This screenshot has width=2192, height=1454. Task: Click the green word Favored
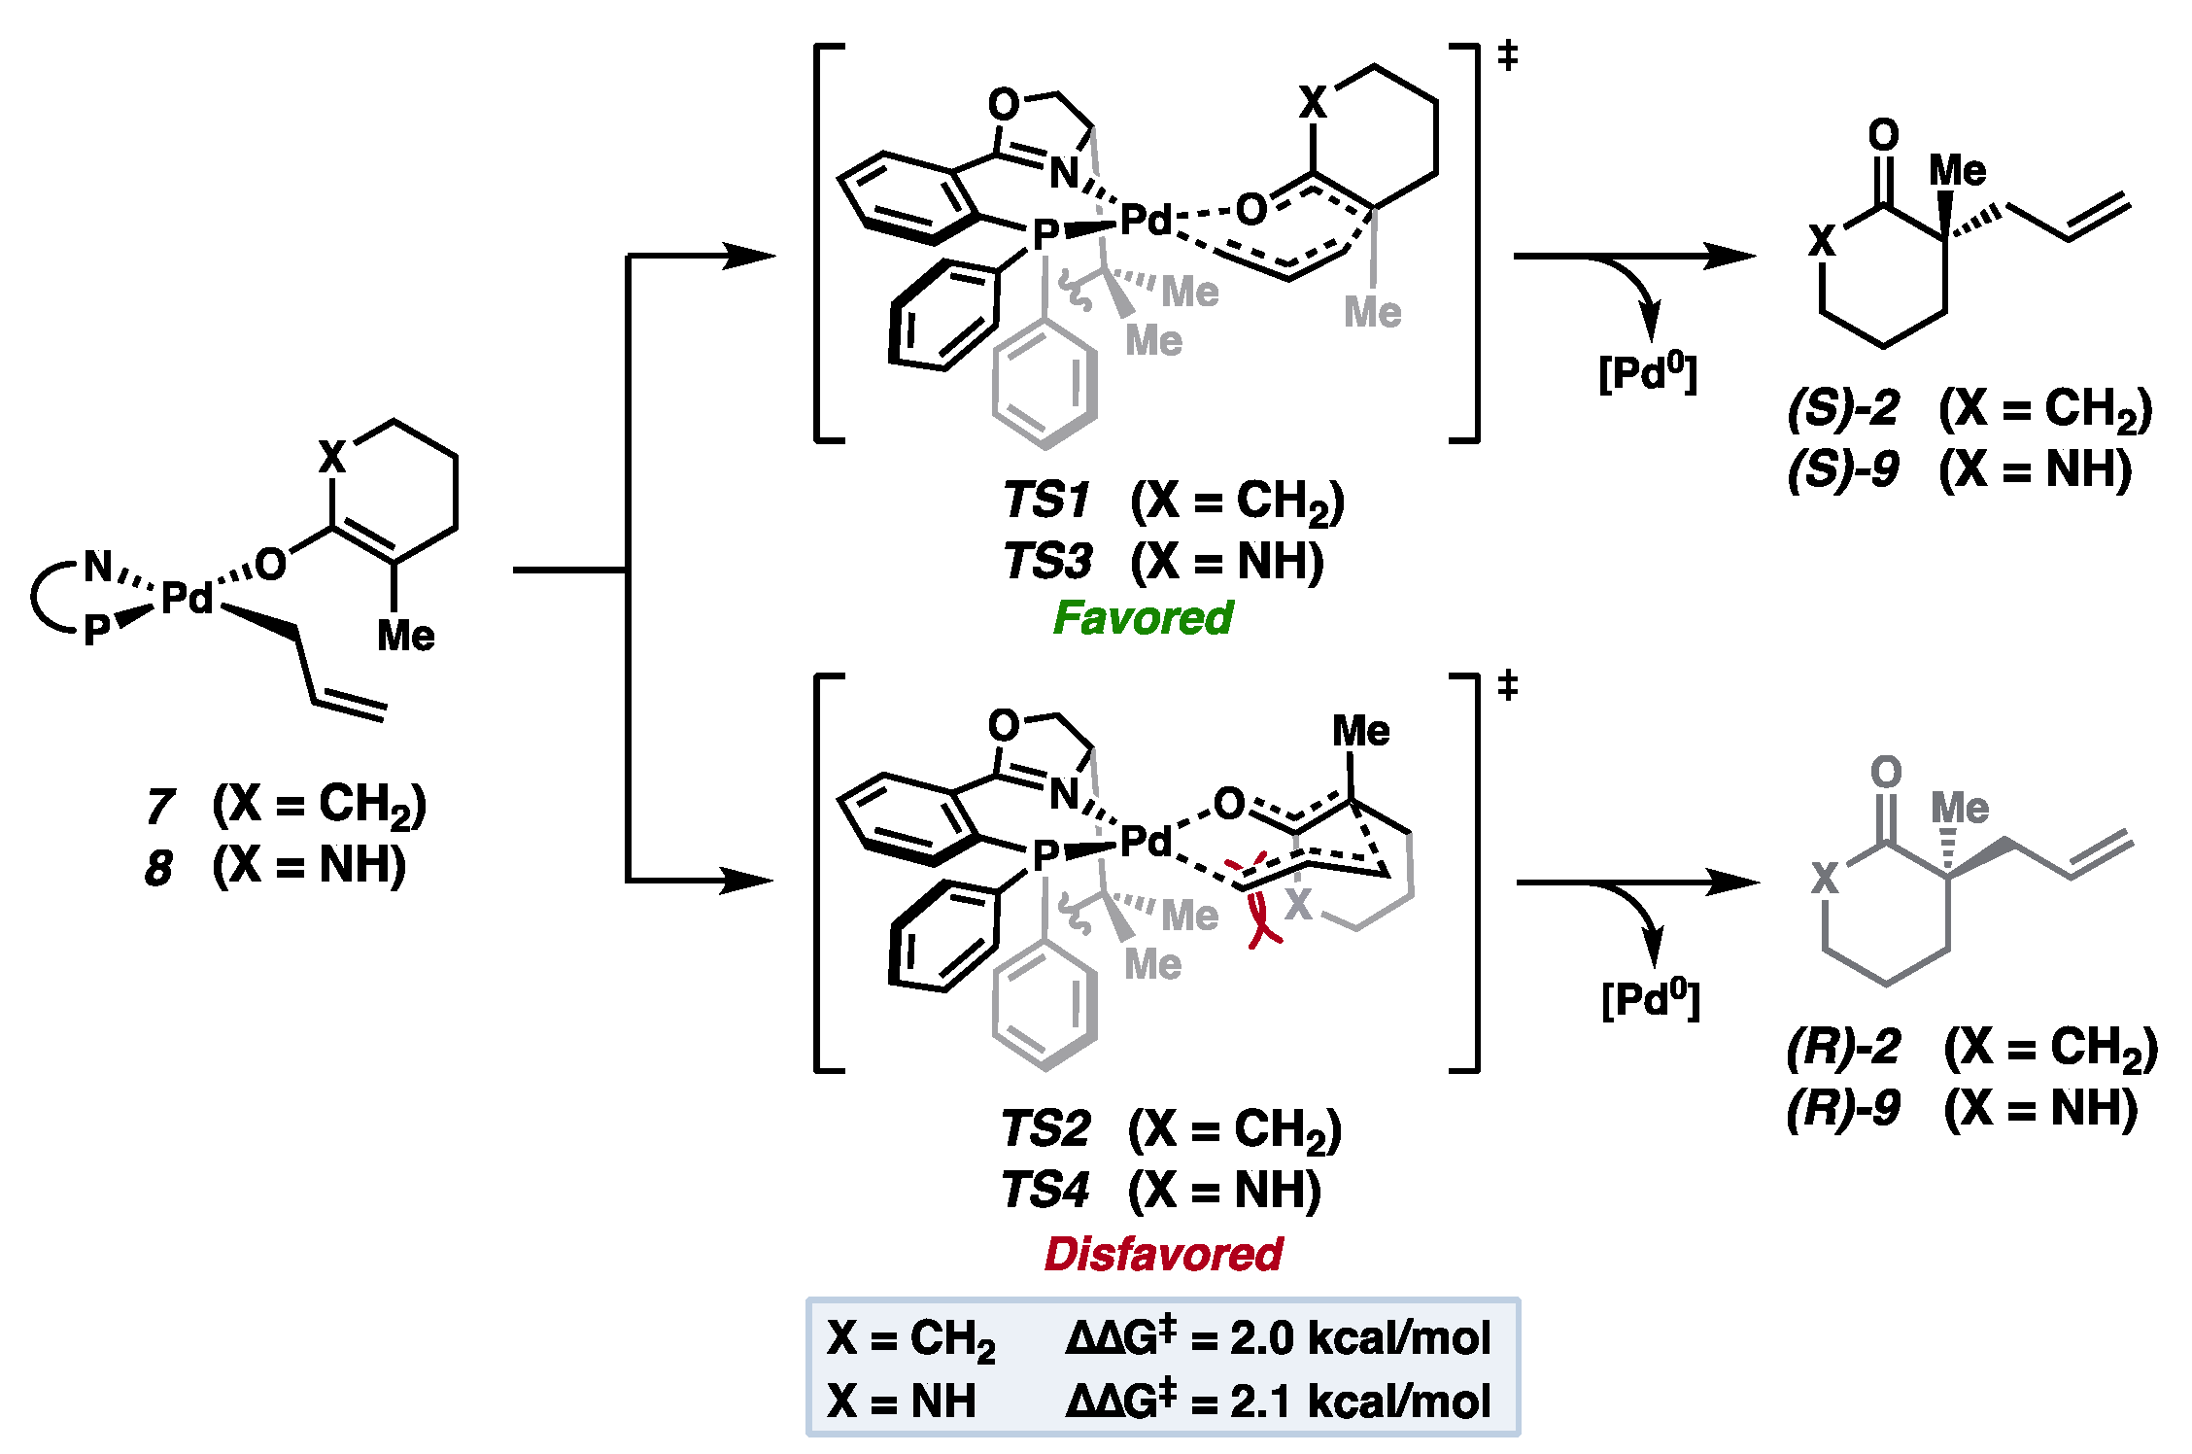[x=1143, y=618]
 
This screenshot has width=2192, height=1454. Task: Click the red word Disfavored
[x=1163, y=1254]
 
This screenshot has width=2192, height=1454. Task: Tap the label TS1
[x=1046, y=501]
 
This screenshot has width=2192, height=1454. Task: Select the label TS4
[x=1045, y=1190]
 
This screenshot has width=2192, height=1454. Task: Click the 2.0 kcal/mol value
[x=1359, y=1338]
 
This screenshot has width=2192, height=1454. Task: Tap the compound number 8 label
[x=159, y=867]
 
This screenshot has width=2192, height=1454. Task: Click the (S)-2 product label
[x=1842, y=408]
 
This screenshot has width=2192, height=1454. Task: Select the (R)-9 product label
[x=1842, y=1108]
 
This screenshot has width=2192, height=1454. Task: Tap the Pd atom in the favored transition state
[x=1147, y=221]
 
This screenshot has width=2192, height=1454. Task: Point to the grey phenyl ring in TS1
[x=1045, y=385]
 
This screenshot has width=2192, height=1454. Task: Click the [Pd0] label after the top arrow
[x=1648, y=372]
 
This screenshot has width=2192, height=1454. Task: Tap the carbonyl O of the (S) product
[x=1883, y=135]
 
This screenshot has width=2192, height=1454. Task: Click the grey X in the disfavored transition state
[x=1299, y=904]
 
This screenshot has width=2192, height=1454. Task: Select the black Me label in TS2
[x=1360, y=731]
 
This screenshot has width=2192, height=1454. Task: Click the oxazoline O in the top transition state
[x=1004, y=104]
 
